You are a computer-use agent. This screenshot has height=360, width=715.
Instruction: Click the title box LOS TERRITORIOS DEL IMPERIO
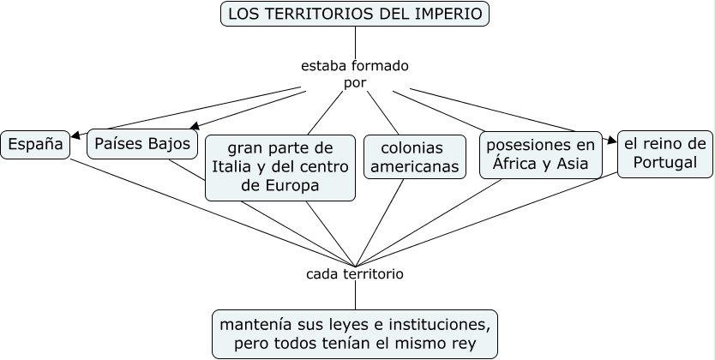(355, 14)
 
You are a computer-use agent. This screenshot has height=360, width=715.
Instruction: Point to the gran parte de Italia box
(280, 165)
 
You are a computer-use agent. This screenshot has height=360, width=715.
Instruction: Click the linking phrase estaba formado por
(355, 74)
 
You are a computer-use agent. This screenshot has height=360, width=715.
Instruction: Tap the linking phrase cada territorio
(355, 274)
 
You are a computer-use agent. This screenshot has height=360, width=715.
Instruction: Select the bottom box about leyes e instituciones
(355, 334)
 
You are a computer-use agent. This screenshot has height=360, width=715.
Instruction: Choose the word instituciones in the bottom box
(436, 325)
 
